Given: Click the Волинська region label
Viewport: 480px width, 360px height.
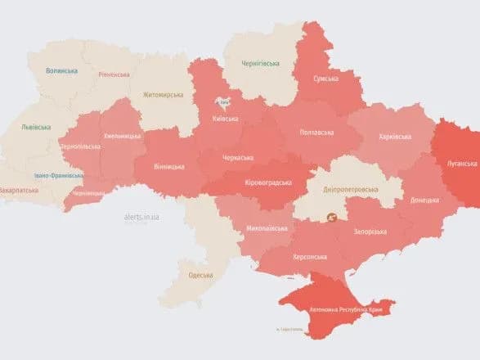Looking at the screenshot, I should [62, 71].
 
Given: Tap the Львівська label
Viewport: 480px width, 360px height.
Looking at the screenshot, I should [37, 127].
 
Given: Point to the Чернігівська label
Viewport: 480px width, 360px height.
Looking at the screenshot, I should [261, 63].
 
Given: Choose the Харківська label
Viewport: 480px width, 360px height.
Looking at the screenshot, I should [396, 137].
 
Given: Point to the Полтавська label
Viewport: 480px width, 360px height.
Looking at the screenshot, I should [316, 132].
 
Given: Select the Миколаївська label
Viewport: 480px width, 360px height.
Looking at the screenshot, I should [266, 229].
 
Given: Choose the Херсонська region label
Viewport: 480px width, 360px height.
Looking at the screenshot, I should [312, 257].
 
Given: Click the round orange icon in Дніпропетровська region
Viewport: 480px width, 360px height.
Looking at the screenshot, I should [332, 218].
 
